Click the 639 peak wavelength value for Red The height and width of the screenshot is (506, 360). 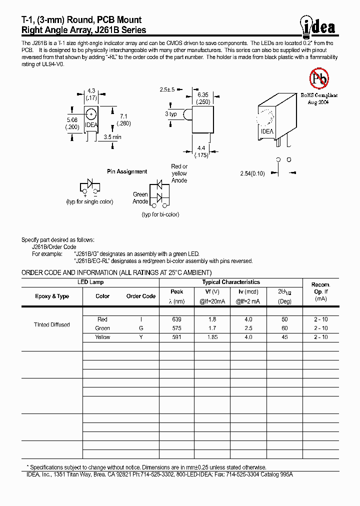(x=176, y=319)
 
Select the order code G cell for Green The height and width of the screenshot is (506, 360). (x=141, y=328)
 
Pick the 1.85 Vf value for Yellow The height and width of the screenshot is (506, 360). (x=212, y=337)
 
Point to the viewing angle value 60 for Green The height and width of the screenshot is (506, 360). (x=284, y=328)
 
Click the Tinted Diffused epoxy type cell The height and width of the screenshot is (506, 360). (x=51, y=324)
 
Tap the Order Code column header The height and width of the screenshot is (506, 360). (x=141, y=296)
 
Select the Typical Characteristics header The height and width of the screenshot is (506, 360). (x=230, y=282)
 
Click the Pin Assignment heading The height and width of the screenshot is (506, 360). (x=127, y=171)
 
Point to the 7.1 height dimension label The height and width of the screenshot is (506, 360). (x=123, y=116)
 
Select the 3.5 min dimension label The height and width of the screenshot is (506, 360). (x=112, y=136)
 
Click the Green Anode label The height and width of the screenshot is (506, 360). (x=140, y=198)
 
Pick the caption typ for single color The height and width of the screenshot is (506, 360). (x=90, y=201)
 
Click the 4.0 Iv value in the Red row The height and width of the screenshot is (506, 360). (x=248, y=319)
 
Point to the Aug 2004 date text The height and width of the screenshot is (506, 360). (x=318, y=101)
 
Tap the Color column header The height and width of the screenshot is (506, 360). (x=102, y=296)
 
